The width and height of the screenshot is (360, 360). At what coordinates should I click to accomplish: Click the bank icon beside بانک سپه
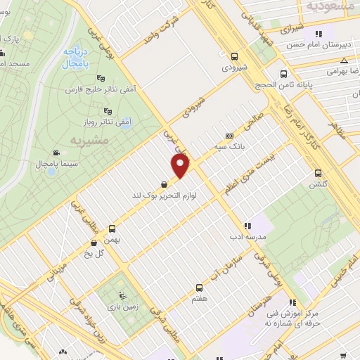[229, 136]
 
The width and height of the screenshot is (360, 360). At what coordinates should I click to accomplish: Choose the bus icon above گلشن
[318, 173]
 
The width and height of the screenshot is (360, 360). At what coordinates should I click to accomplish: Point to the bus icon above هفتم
[198, 288]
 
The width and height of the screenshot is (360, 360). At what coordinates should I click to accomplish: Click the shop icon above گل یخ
[94, 243]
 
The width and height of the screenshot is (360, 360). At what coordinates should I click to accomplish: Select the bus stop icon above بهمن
[112, 229]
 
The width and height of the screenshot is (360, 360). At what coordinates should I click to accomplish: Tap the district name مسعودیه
[324, 5]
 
